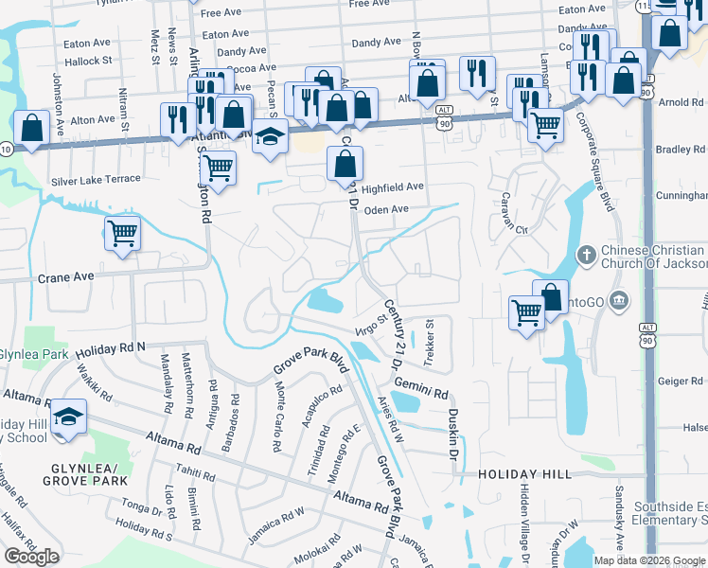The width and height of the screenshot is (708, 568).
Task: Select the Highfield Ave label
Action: (x=392, y=187)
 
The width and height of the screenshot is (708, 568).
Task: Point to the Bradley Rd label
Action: (x=681, y=150)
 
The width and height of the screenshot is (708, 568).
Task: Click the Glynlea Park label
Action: (x=33, y=354)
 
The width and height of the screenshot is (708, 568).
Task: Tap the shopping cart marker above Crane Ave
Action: (x=123, y=232)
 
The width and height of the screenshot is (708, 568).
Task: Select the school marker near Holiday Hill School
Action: (x=68, y=417)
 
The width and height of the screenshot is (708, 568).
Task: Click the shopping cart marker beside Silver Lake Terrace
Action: (x=219, y=169)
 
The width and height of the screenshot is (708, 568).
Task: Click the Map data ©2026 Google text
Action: (x=649, y=560)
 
